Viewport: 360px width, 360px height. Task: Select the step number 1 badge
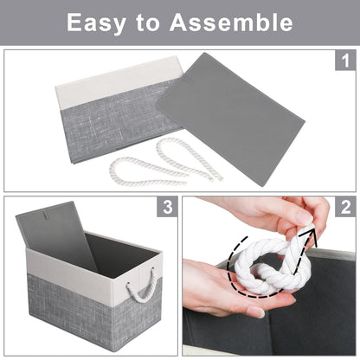coord(344,61)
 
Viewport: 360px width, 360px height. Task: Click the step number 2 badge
coord(344,208)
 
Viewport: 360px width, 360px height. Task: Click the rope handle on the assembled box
coord(141,286)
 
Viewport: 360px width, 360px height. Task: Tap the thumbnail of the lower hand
coord(255,311)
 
